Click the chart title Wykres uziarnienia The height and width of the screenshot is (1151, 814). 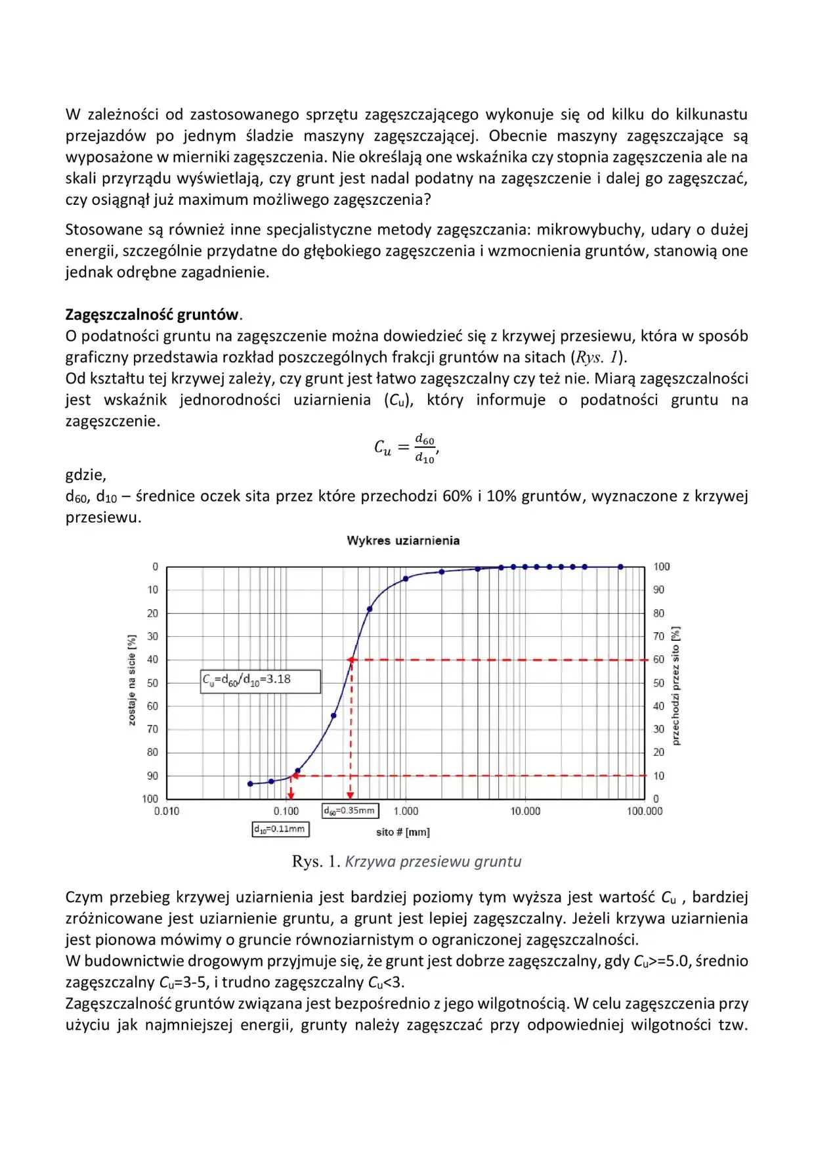point(403,540)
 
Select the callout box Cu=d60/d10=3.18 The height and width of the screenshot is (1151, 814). point(261,681)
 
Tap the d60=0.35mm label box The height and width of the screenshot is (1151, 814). point(350,811)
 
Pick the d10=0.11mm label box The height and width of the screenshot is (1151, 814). point(280,829)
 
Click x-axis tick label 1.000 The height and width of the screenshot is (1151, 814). point(406,812)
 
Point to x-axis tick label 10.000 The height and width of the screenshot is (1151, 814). point(525,812)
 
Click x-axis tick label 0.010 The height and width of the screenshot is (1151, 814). point(167,812)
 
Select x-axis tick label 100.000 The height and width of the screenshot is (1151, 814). point(645,812)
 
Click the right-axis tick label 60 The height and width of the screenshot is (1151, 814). point(658,659)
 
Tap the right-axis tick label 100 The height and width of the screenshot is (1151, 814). point(661,567)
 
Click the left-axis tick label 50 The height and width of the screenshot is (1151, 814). point(152,683)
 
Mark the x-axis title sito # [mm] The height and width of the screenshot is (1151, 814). point(403,833)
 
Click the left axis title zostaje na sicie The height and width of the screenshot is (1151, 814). point(132,680)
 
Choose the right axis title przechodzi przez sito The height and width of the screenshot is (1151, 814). point(676,685)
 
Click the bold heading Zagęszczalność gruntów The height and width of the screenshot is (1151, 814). point(152,315)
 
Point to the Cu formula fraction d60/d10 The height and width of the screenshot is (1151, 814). point(425,448)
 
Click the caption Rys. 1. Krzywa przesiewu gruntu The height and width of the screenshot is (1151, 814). point(406,861)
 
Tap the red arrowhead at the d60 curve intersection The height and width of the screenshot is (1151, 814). point(352,660)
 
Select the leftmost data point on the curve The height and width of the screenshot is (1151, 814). point(250,784)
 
